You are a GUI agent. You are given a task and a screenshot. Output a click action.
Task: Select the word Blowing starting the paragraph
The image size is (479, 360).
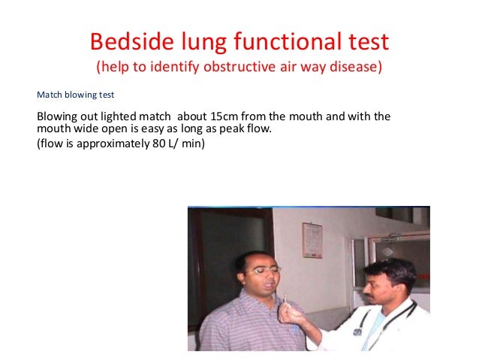(59, 116)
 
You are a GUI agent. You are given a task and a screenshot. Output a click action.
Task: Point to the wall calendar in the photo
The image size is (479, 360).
(312, 240)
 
